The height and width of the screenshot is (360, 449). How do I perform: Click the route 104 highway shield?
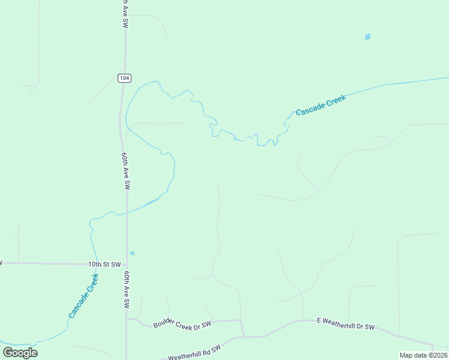pos(124,78)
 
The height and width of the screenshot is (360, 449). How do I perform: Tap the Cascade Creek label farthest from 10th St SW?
pos(321,105)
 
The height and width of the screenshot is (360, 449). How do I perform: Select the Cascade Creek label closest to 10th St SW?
pos(83,296)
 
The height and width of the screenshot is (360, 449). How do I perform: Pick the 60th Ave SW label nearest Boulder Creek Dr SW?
pos(127,289)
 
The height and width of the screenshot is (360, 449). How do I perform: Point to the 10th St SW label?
pos(104,264)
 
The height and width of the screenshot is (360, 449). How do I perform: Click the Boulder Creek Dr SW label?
pos(182,325)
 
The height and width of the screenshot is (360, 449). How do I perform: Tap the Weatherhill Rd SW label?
pos(194,353)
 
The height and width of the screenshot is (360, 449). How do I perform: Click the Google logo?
pos(20,353)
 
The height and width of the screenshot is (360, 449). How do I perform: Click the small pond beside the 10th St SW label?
pos(132,253)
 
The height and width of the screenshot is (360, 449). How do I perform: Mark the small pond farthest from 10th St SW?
pos(367,37)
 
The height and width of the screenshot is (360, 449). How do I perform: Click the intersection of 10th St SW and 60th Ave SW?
pos(127,263)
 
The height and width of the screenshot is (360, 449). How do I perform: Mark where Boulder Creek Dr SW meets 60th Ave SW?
pos(127,319)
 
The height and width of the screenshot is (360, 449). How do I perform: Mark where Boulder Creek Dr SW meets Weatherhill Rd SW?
pos(243,337)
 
